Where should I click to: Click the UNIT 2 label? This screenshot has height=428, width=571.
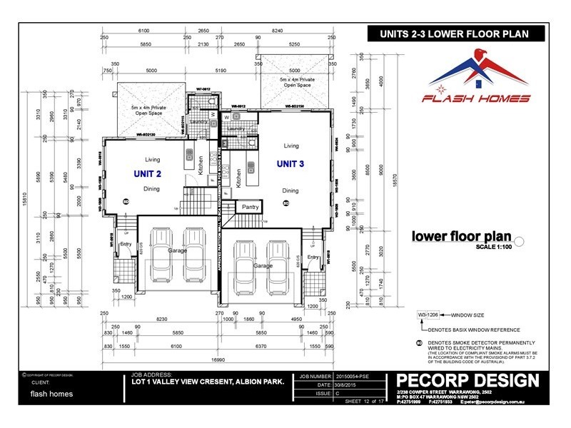click(148, 173)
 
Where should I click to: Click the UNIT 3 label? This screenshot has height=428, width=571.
click(291, 164)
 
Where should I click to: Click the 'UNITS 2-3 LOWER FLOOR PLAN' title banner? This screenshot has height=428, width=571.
click(457, 32)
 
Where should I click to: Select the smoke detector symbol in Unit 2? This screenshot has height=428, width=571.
click(126, 201)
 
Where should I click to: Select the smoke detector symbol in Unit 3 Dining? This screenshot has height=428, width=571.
click(286, 203)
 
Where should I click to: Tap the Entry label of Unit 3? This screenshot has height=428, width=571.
click(313, 257)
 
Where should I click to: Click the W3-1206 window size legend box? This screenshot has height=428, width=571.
click(427, 313)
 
